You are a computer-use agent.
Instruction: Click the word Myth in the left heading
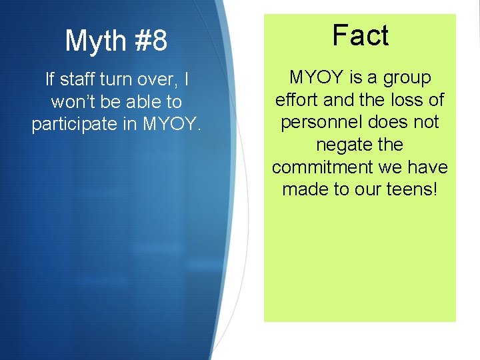[92, 41]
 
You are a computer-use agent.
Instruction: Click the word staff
[78, 80]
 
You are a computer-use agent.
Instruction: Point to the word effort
[298, 100]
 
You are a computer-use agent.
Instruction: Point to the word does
[389, 122]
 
